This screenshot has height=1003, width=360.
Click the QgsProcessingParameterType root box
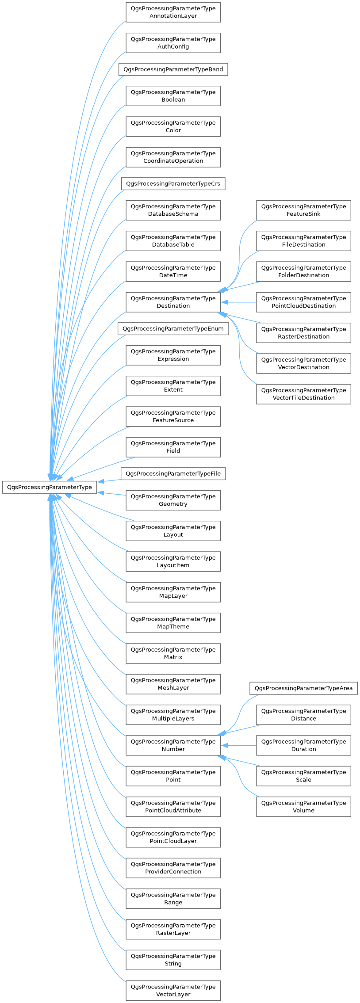click(50, 487)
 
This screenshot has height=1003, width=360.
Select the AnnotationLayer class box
click(173, 12)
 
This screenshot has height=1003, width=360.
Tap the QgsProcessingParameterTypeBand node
click(173, 69)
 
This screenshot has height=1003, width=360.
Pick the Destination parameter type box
click(173, 302)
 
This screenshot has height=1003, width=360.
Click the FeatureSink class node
click(303, 210)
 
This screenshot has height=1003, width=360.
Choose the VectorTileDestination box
click(303, 394)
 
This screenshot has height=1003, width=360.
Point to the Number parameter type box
click(173, 745)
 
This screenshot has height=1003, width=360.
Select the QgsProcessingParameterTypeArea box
click(303, 688)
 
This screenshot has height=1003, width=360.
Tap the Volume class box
click(303, 807)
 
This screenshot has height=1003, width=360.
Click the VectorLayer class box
click(173, 991)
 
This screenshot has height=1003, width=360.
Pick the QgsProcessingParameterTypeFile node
click(173, 474)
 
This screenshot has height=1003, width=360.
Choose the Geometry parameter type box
click(173, 500)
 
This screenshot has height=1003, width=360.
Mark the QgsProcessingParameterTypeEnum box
click(173, 328)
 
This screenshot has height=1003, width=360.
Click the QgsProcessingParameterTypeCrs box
click(173, 183)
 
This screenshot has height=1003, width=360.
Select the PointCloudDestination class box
click(303, 302)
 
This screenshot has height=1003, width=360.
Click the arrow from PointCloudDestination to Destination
click(239, 302)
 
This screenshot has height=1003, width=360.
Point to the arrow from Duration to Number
click(239, 745)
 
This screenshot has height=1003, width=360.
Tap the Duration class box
click(303, 745)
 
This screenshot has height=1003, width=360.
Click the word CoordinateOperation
click(173, 161)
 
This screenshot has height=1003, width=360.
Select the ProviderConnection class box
click(173, 868)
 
